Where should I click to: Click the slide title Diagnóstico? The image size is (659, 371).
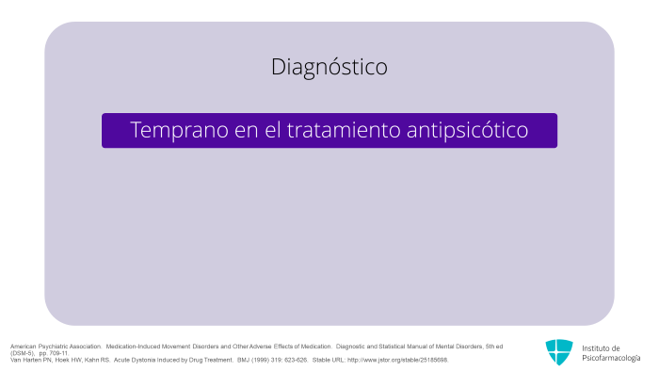329,67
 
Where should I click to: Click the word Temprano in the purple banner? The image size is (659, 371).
180,130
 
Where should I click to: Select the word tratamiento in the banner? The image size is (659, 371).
344,130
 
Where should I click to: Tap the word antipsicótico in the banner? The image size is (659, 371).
467,130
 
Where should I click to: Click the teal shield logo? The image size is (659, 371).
559,352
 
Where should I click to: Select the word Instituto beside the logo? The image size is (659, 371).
596,348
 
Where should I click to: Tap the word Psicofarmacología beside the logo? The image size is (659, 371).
611,358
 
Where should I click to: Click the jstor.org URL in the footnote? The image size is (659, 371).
397,360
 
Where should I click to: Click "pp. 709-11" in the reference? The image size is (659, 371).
54,353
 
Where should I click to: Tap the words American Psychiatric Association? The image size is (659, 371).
56,347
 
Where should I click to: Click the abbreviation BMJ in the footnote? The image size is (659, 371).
244,360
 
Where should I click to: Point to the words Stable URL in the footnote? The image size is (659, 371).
329,360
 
